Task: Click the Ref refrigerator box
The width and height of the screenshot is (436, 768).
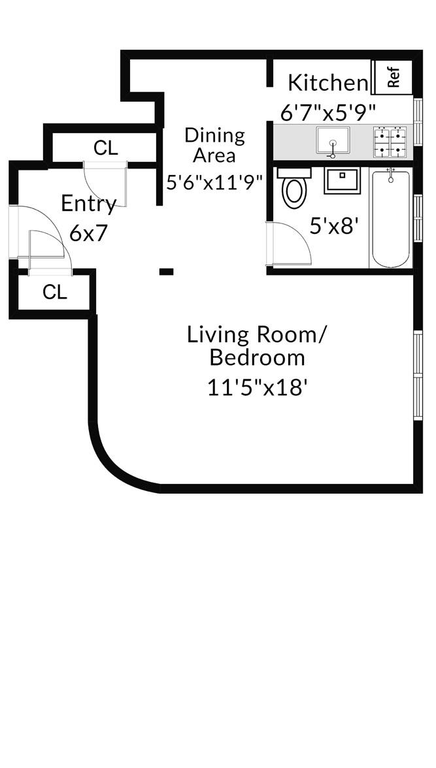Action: pyautogui.click(x=393, y=78)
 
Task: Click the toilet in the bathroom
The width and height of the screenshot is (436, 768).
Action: pyautogui.click(x=293, y=188)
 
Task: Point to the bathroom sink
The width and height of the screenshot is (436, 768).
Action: pyautogui.click(x=342, y=180)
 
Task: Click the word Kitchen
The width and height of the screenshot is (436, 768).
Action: pyautogui.click(x=328, y=83)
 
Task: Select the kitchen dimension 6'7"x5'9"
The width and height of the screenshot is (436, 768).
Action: pyautogui.click(x=328, y=112)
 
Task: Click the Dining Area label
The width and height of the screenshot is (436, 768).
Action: pyautogui.click(x=214, y=146)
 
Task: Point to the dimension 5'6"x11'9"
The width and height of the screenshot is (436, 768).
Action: pyautogui.click(x=214, y=182)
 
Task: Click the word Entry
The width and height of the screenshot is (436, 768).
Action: pyautogui.click(x=88, y=204)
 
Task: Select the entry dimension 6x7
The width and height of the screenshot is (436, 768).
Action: pyautogui.click(x=88, y=233)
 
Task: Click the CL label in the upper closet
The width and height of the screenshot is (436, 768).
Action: pyautogui.click(x=105, y=148)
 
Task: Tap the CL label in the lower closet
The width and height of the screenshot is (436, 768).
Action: pyautogui.click(x=55, y=293)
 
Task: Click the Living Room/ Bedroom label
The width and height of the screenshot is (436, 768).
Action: pyautogui.click(x=256, y=346)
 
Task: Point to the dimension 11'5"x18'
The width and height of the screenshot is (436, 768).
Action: pyautogui.click(x=257, y=387)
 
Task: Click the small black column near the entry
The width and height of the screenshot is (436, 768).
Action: pyautogui.click(x=167, y=271)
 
